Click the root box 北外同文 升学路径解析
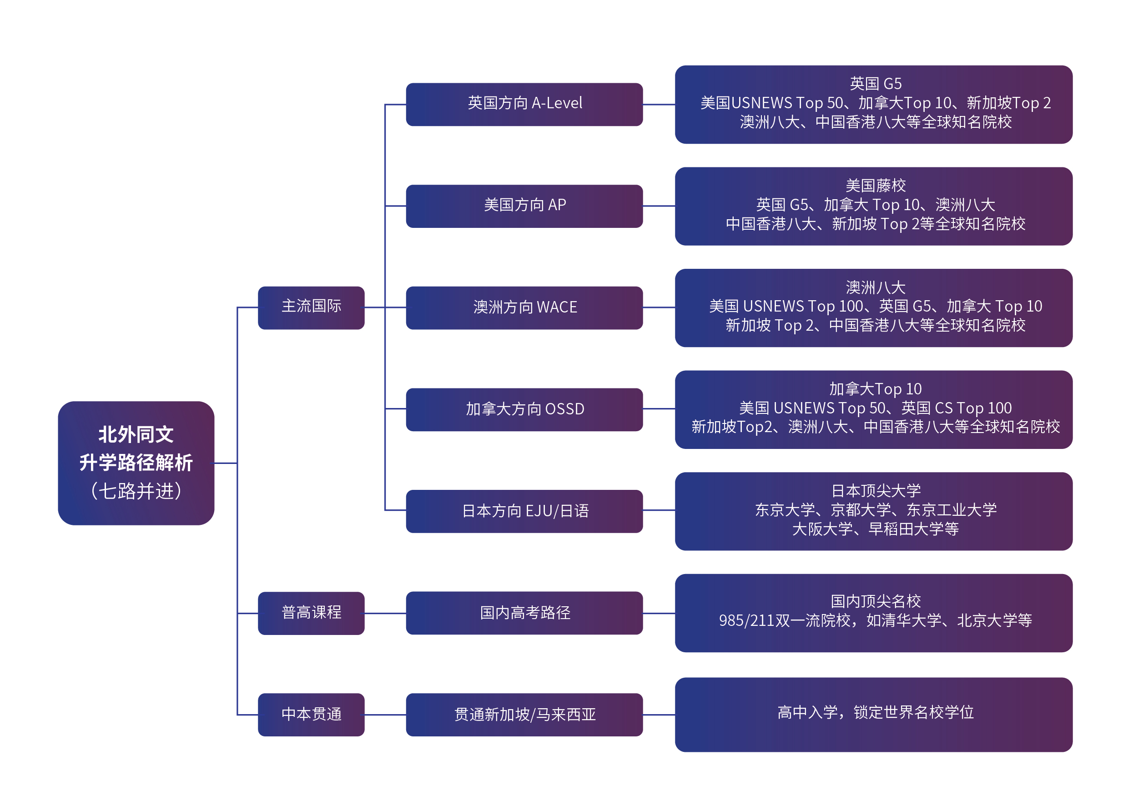tap(136, 463)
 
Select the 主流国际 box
tap(311, 308)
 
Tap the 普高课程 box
tap(311, 613)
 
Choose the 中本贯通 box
tap(311, 715)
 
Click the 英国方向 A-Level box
tap(524, 104)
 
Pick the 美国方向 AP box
tap(524, 206)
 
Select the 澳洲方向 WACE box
tap(524, 308)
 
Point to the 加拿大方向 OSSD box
tap(524, 409)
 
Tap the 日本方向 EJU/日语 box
tap(524, 511)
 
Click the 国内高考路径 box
tap(524, 613)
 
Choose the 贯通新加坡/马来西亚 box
tap(524, 715)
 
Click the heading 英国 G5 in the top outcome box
tap(876, 83)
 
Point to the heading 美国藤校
tap(876, 186)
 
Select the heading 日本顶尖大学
tap(876, 491)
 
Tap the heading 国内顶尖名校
tap(876, 601)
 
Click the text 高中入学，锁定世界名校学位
tap(876, 712)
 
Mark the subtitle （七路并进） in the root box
tap(136, 491)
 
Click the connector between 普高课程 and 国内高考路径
tap(385, 614)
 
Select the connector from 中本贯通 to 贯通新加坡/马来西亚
tap(385, 715)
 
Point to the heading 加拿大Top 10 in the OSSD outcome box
tap(876, 389)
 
